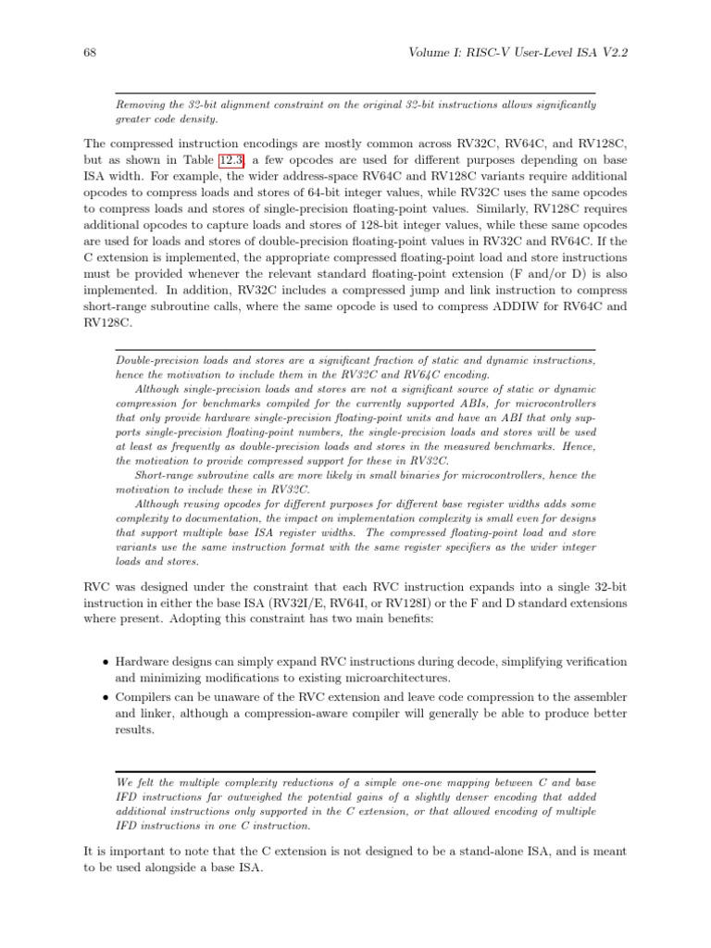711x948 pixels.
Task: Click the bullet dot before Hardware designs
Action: pos(106,662)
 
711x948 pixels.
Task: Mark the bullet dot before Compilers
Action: pos(106,697)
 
